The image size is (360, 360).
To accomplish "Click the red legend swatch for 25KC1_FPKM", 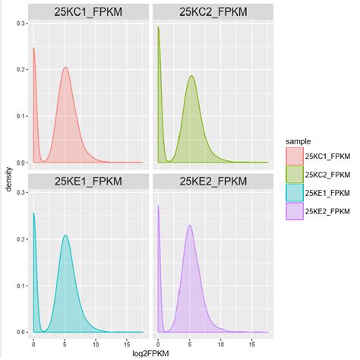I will pyautogui.click(x=294, y=156).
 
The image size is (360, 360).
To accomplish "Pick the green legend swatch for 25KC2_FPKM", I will pyautogui.click(x=294, y=175).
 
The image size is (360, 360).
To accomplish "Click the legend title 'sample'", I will pyautogui.click(x=297, y=141).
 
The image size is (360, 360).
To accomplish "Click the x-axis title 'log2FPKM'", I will pyautogui.click(x=150, y=352).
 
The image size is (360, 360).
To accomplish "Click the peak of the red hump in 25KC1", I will pyautogui.click(x=65, y=68).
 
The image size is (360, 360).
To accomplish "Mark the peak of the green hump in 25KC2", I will pyautogui.click(x=191, y=76).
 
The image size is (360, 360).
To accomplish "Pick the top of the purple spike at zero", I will pyautogui.click(x=158, y=205).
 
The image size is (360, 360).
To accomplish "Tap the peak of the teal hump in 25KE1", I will pyautogui.click(x=66, y=235).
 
